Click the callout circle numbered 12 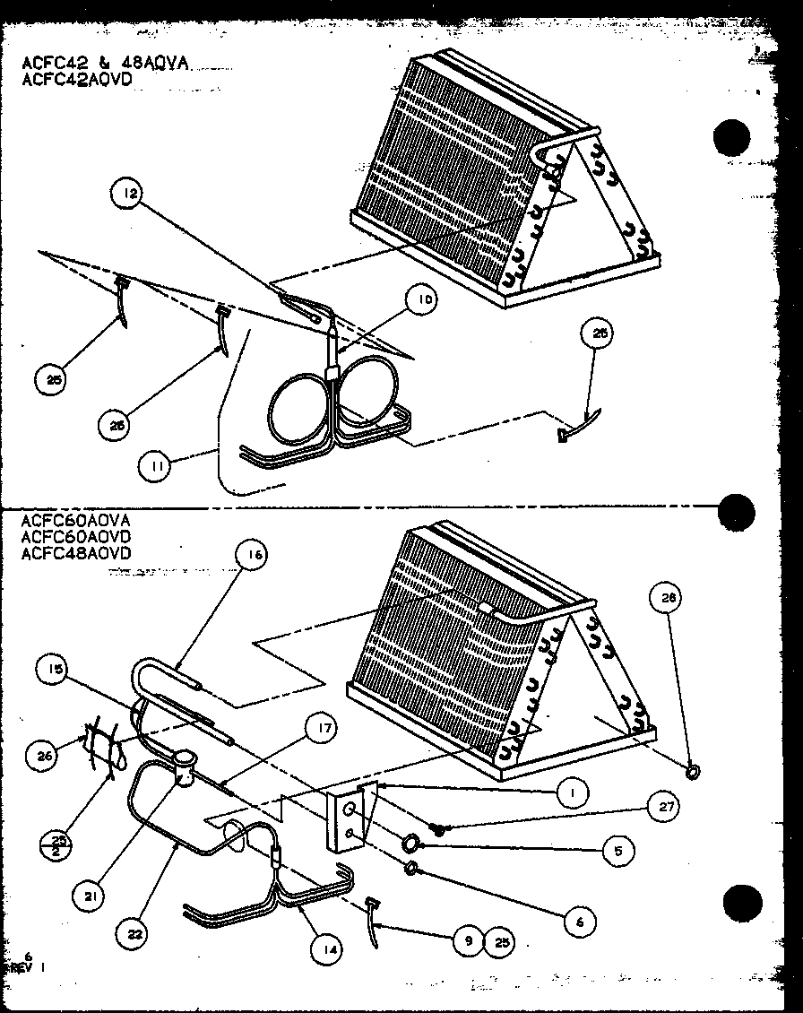tap(128, 195)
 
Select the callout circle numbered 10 tap(424, 301)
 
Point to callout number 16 tap(252, 556)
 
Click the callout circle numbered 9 tap(466, 940)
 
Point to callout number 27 tap(664, 808)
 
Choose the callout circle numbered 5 tap(617, 850)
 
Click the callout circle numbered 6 tap(581, 922)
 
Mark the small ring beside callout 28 tap(693, 769)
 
